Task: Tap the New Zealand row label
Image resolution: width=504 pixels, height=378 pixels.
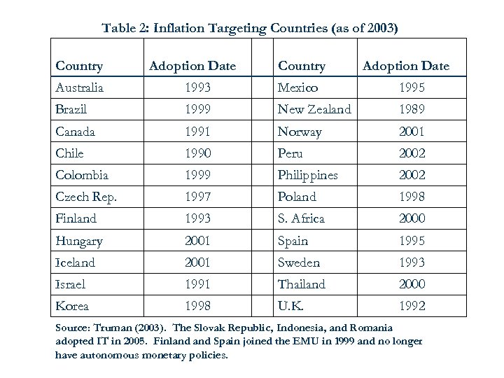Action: click(x=314, y=110)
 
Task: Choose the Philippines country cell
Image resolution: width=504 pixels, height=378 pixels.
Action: click(x=307, y=175)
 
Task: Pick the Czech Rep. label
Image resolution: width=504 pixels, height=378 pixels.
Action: click(x=85, y=197)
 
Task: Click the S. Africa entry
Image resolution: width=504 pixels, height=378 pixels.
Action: click(x=301, y=218)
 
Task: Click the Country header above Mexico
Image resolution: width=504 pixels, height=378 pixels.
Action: click(x=302, y=66)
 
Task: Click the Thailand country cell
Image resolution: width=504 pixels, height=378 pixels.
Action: click(x=302, y=283)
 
